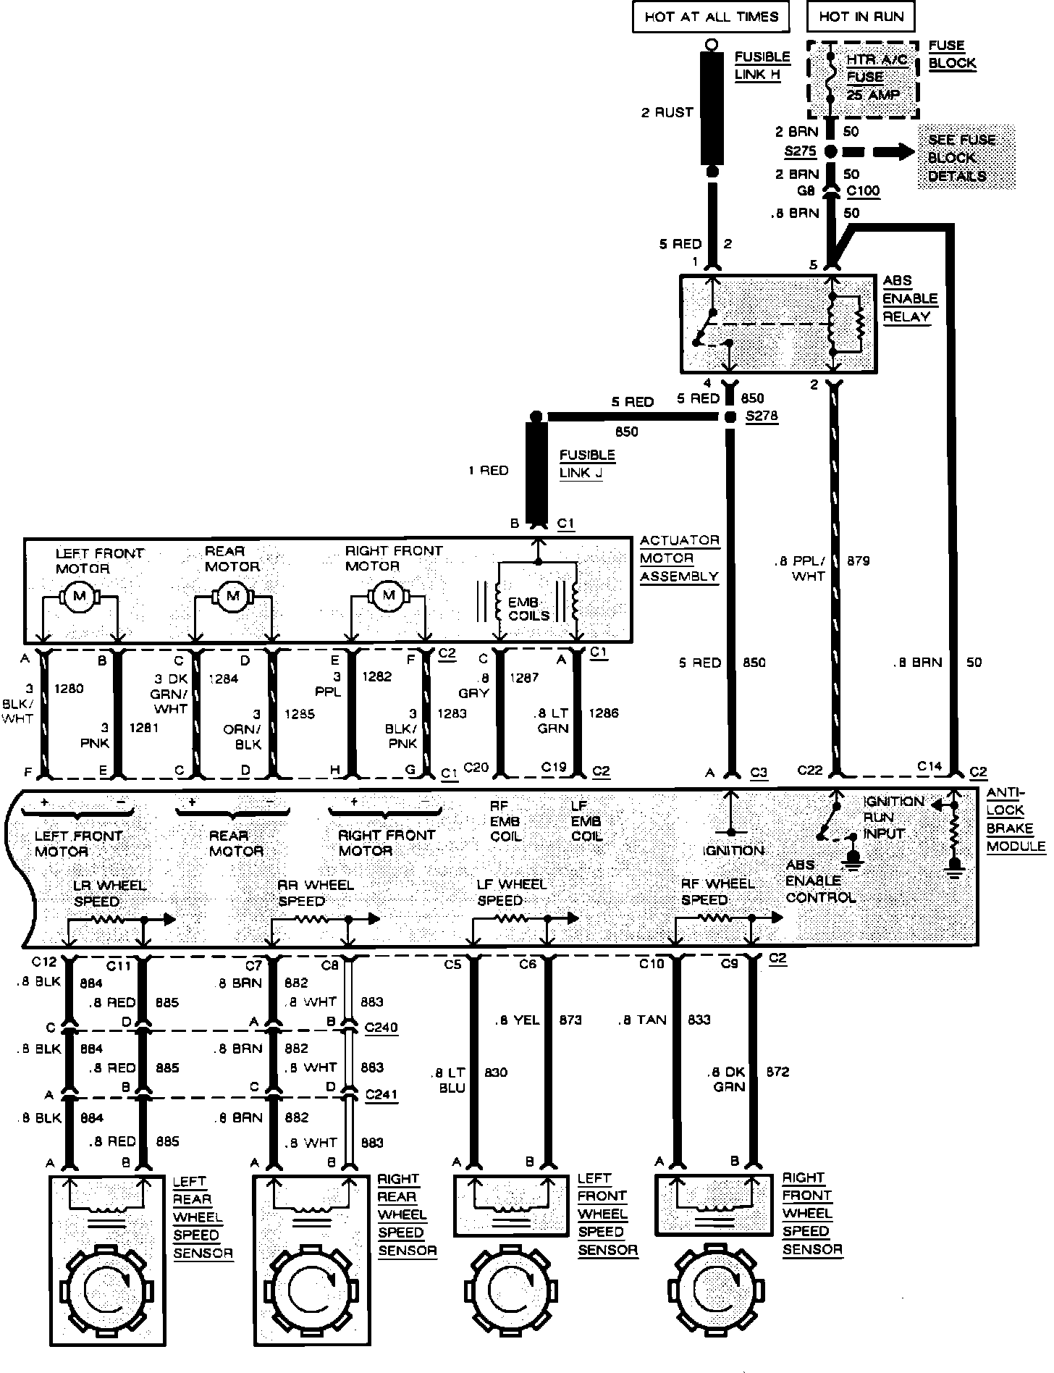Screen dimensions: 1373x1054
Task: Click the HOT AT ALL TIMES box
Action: click(x=710, y=17)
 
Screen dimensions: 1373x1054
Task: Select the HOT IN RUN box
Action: click(x=861, y=17)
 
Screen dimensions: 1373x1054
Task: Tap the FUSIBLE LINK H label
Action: click(x=762, y=65)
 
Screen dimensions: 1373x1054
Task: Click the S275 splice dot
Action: click(x=831, y=152)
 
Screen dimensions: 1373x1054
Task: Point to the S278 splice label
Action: click(x=761, y=417)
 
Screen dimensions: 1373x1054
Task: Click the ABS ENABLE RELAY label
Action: click(x=910, y=298)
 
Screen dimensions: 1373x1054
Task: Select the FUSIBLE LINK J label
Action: click(x=586, y=463)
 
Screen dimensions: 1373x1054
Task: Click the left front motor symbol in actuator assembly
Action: click(x=80, y=597)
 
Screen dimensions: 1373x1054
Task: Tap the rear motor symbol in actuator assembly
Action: click(x=232, y=596)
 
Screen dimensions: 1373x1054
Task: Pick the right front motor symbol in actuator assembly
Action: click(x=389, y=595)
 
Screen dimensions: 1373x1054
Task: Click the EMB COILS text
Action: click(x=528, y=609)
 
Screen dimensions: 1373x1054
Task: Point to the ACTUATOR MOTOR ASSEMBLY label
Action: click(x=679, y=558)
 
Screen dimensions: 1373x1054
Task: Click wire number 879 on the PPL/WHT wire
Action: click(x=858, y=560)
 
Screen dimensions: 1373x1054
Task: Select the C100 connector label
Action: click(x=863, y=192)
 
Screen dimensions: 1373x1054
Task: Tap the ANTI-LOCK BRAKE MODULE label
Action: click(x=1015, y=820)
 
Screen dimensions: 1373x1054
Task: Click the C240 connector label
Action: click(x=381, y=1027)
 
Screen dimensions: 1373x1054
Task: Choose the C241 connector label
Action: click(x=381, y=1094)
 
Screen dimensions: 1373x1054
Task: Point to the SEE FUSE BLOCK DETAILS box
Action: click(x=966, y=157)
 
